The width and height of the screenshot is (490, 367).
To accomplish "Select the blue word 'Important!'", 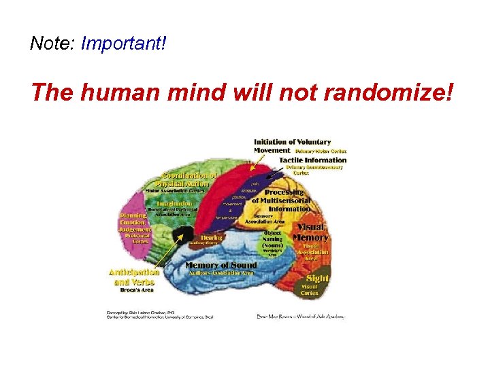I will pos(123,44).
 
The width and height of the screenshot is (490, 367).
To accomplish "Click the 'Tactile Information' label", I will pos(312,160).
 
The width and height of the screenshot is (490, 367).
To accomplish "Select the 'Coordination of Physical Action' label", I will pos(186,179).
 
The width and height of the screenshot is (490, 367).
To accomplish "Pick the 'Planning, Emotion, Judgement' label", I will pos(135,222).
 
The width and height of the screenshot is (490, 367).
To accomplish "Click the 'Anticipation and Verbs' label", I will pos(133,277).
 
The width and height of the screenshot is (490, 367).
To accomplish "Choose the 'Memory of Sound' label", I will pos(221,265).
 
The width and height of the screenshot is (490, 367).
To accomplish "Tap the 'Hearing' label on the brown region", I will pos(211,238).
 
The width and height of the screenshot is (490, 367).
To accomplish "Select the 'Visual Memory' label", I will pos(311,232).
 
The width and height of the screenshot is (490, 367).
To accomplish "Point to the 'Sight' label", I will pos(317,279).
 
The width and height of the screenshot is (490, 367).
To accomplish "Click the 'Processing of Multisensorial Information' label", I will pos(280,200).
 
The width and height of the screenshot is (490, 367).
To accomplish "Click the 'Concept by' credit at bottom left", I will pos(136,313).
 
